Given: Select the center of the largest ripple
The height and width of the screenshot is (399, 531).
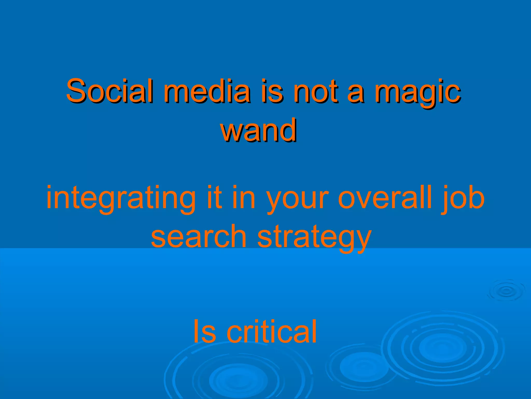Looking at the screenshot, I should pos(443,348).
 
